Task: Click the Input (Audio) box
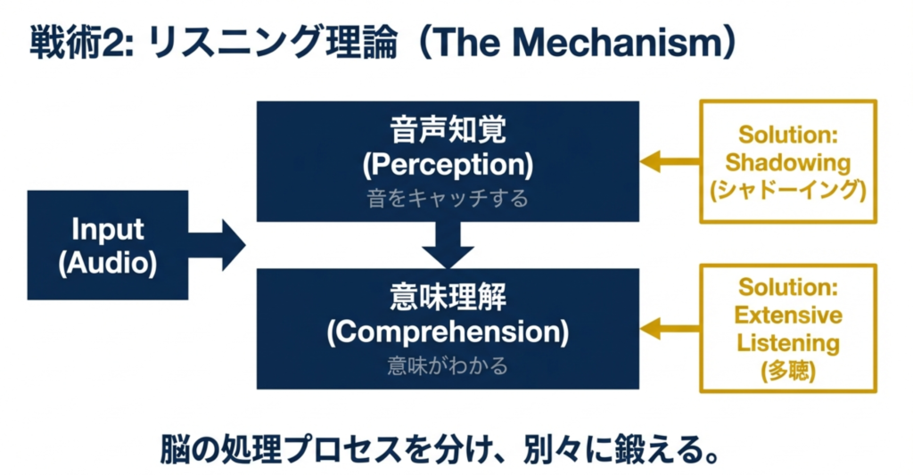point(108,244)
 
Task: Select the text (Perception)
point(448,165)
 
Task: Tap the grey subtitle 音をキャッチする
point(448,198)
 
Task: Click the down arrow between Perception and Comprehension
point(448,242)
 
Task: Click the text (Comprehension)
point(448,332)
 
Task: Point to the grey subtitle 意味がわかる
point(448,364)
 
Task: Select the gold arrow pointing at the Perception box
point(670,161)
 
